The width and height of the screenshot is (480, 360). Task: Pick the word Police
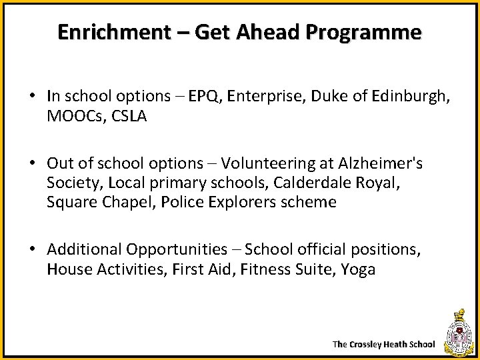pos(179,202)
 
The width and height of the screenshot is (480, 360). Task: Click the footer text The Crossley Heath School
pos(383,345)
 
